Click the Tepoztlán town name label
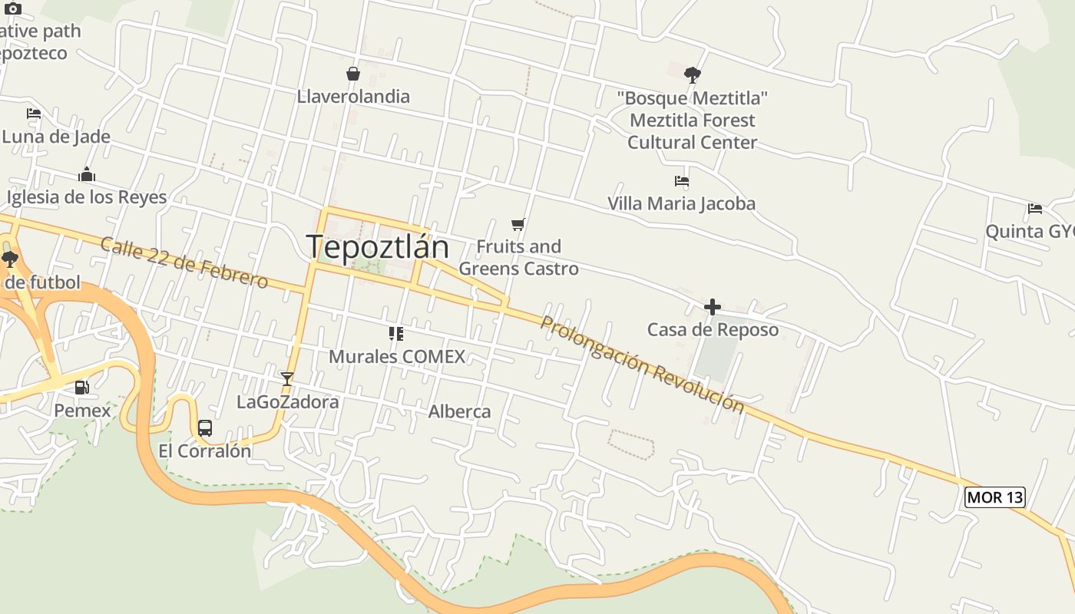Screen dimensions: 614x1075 [377, 246]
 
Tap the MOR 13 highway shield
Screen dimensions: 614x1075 [994, 497]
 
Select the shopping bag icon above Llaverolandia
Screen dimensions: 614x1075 [353, 74]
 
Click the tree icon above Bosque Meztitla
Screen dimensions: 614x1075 [692, 74]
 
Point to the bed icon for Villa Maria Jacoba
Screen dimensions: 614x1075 [681, 181]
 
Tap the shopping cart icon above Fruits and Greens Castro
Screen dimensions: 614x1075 [518, 224]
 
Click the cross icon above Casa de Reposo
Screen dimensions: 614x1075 [712, 307]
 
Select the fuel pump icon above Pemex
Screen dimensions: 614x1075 [81, 388]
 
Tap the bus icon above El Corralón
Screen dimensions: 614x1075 [204, 427]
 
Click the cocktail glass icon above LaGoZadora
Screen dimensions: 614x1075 [286, 378]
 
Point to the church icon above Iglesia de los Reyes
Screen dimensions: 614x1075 [86, 175]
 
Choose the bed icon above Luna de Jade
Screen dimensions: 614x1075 [34, 114]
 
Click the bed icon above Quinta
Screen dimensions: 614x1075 [1034, 208]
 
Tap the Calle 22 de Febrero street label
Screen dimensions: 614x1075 [184, 262]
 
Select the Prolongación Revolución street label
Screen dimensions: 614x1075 [642, 364]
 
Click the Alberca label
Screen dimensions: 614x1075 [459, 411]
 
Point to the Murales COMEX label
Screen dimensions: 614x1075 [397, 356]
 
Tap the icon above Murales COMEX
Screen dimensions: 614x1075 [396, 333]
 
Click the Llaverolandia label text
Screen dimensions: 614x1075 [353, 97]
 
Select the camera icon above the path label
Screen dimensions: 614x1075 [13, 9]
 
